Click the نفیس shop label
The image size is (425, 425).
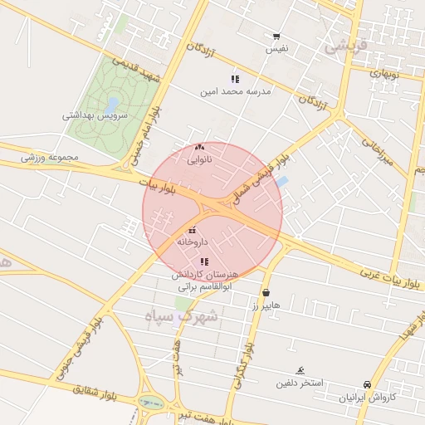click(276, 49)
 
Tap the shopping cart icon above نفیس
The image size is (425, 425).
click(276, 37)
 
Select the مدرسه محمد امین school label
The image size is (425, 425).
click(235, 91)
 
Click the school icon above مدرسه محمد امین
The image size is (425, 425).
click(235, 79)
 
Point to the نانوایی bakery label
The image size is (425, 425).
click(199, 159)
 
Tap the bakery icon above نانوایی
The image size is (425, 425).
click(199, 147)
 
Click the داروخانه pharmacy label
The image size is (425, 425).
click(192, 242)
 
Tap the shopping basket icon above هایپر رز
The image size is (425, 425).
click(266, 293)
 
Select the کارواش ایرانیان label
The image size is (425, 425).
click(368, 398)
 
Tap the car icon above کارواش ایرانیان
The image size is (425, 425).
click(367, 385)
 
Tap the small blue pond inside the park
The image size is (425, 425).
click(112, 103)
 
